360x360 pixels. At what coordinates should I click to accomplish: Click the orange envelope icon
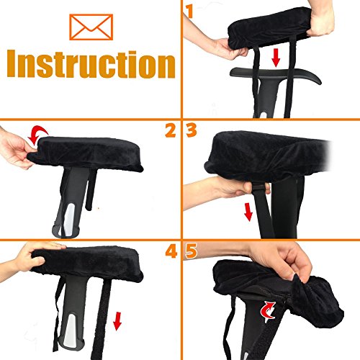tap(91, 27)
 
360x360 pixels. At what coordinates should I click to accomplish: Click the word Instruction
tap(91, 64)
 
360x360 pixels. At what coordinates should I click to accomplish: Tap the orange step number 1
tap(189, 12)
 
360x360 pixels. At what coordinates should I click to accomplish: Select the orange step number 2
tap(171, 130)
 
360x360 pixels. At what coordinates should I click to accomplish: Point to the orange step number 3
tap(192, 130)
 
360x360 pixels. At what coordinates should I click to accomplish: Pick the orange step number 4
tap(171, 251)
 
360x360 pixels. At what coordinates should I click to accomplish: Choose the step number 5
tap(192, 251)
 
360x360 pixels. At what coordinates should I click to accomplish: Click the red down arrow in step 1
tap(276, 58)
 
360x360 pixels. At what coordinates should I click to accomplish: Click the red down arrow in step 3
tap(248, 212)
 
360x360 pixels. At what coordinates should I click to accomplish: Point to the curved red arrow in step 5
tap(268, 312)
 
